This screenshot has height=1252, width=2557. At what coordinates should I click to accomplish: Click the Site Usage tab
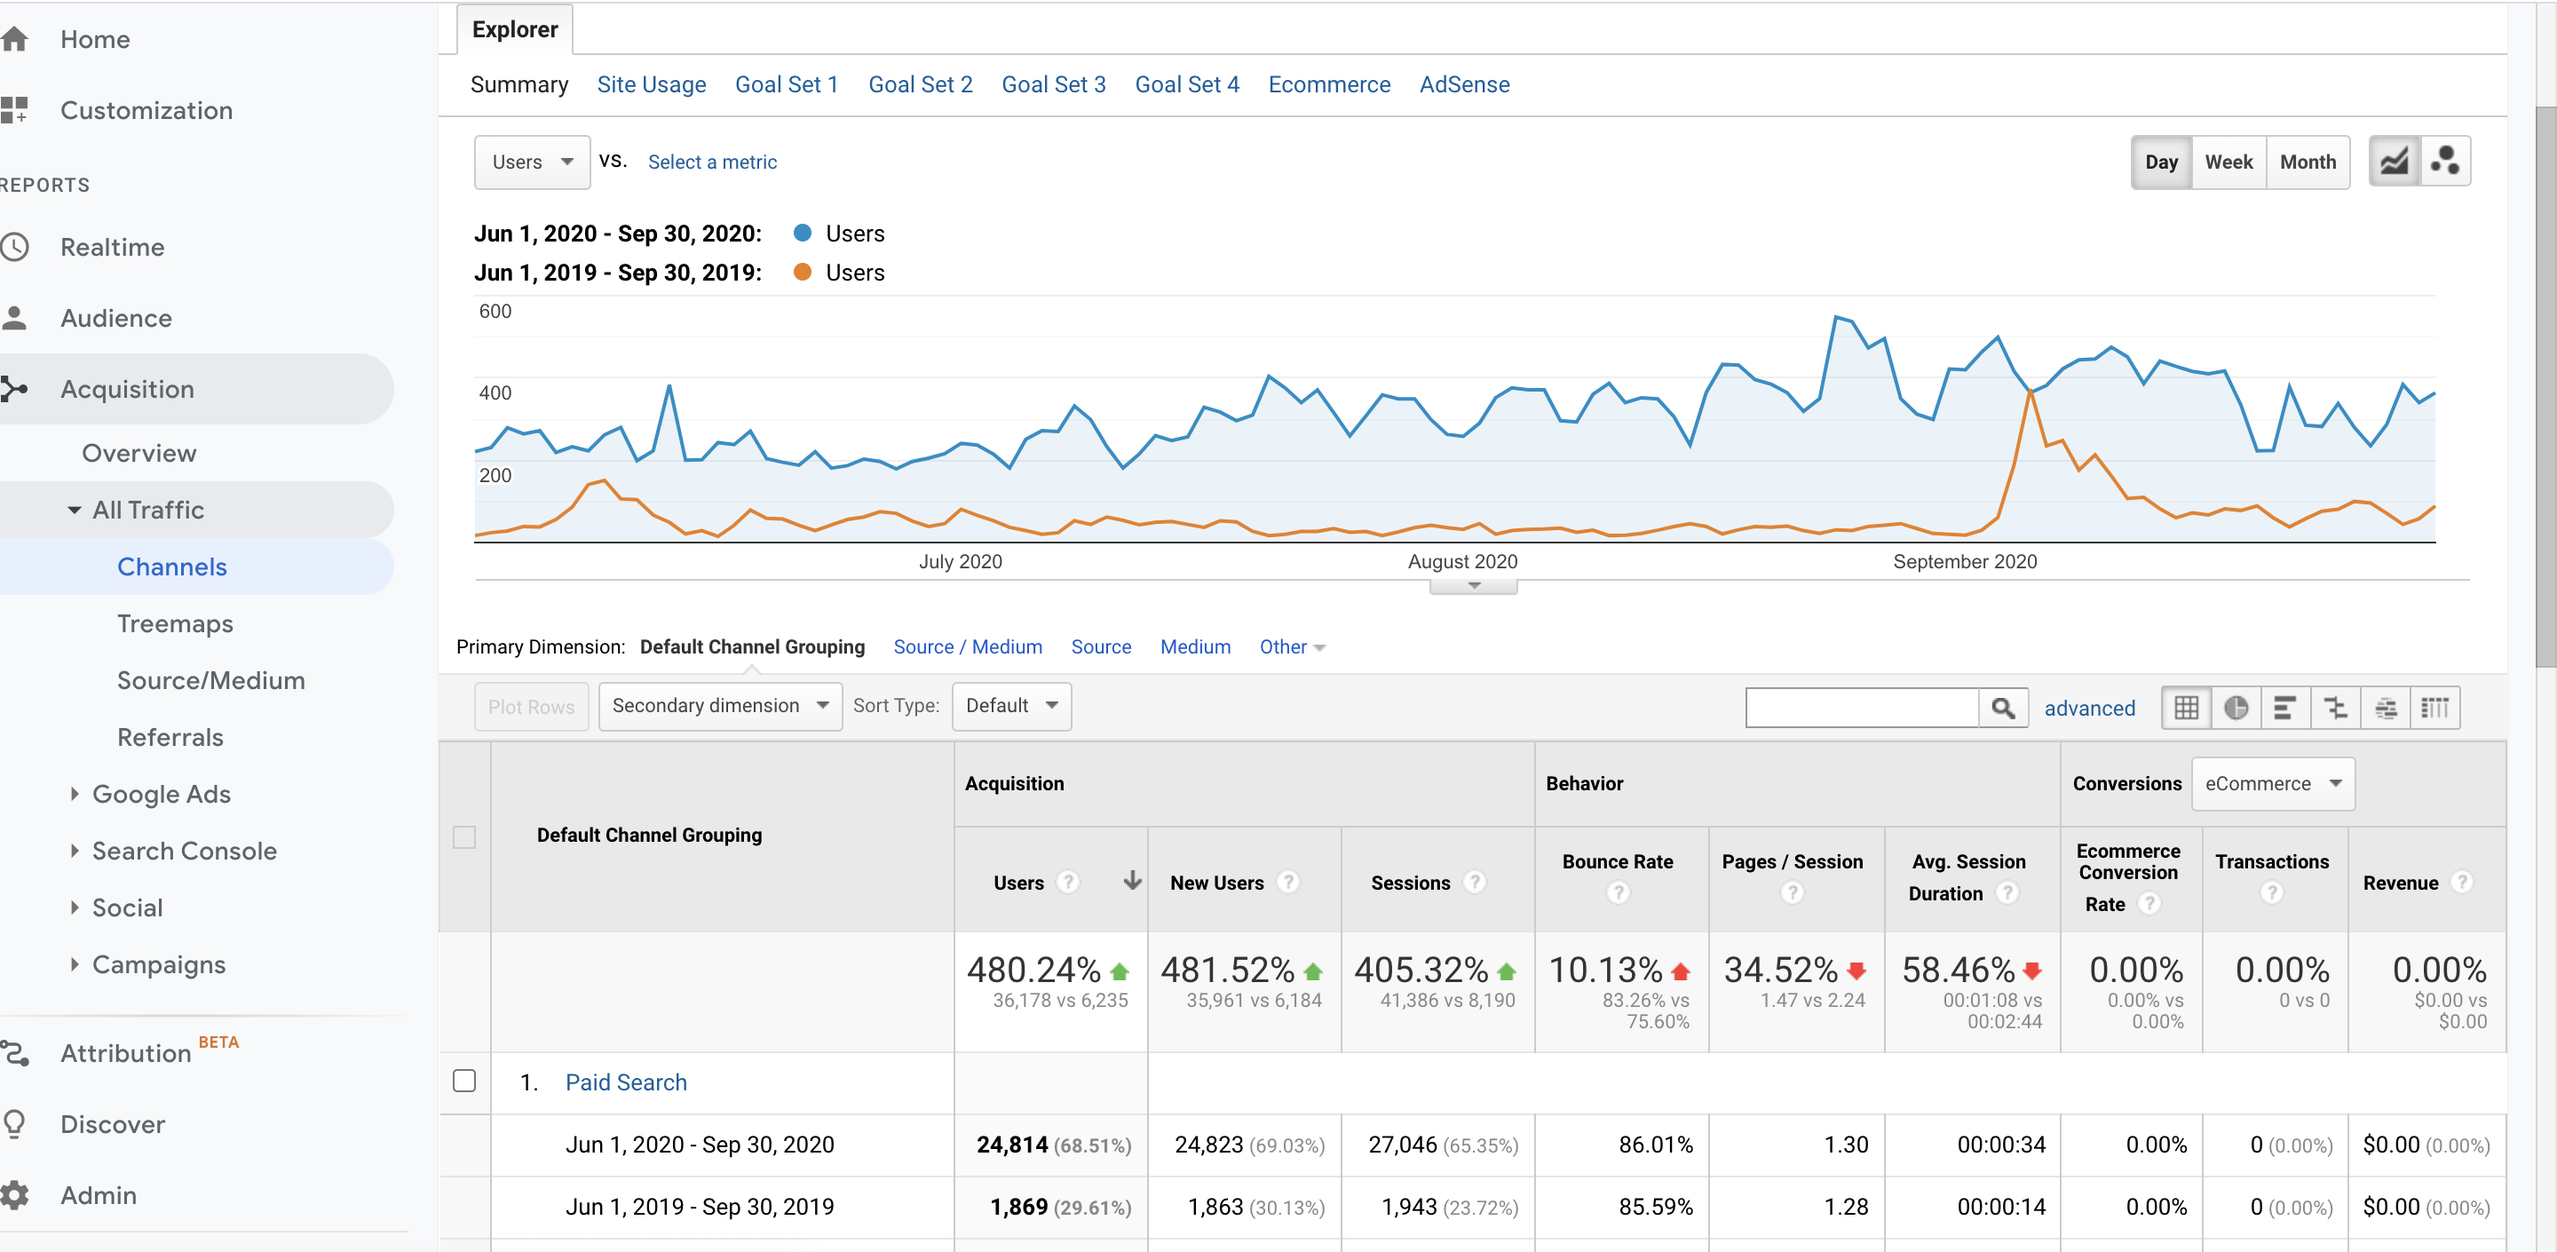[651, 84]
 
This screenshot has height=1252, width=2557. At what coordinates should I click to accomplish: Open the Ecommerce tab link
[1329, 84]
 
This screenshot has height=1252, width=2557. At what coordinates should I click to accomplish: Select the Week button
[2228, 162]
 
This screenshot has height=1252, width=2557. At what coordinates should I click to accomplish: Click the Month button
[2308, 162]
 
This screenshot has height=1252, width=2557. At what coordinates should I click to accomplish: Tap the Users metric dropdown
[532, 162]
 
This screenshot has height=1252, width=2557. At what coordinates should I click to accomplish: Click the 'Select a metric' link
[712, 162]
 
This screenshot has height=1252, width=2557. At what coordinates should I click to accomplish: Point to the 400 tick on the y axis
[495, 392]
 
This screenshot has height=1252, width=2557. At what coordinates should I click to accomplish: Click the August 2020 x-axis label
[1462, 561]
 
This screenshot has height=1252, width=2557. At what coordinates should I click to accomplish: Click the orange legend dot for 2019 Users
[802, 272]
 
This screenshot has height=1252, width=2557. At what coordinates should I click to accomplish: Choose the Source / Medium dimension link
[968, 646]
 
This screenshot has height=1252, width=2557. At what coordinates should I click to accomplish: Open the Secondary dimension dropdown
[721, 706]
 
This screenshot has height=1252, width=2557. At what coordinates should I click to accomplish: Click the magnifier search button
[2003, 708]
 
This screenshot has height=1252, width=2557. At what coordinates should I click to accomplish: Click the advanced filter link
[2089, 708]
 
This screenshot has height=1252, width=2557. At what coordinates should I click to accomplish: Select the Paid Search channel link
[626, 1082]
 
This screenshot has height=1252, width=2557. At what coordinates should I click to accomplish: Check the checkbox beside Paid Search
[464, 1082]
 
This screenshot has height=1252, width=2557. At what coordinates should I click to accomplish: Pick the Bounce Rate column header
[1618, 862]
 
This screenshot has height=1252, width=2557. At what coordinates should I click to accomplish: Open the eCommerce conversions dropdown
[2273, 784]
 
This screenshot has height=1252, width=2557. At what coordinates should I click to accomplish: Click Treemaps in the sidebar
[176, 623]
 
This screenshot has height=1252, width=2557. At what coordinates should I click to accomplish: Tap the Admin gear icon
[15, 1195]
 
